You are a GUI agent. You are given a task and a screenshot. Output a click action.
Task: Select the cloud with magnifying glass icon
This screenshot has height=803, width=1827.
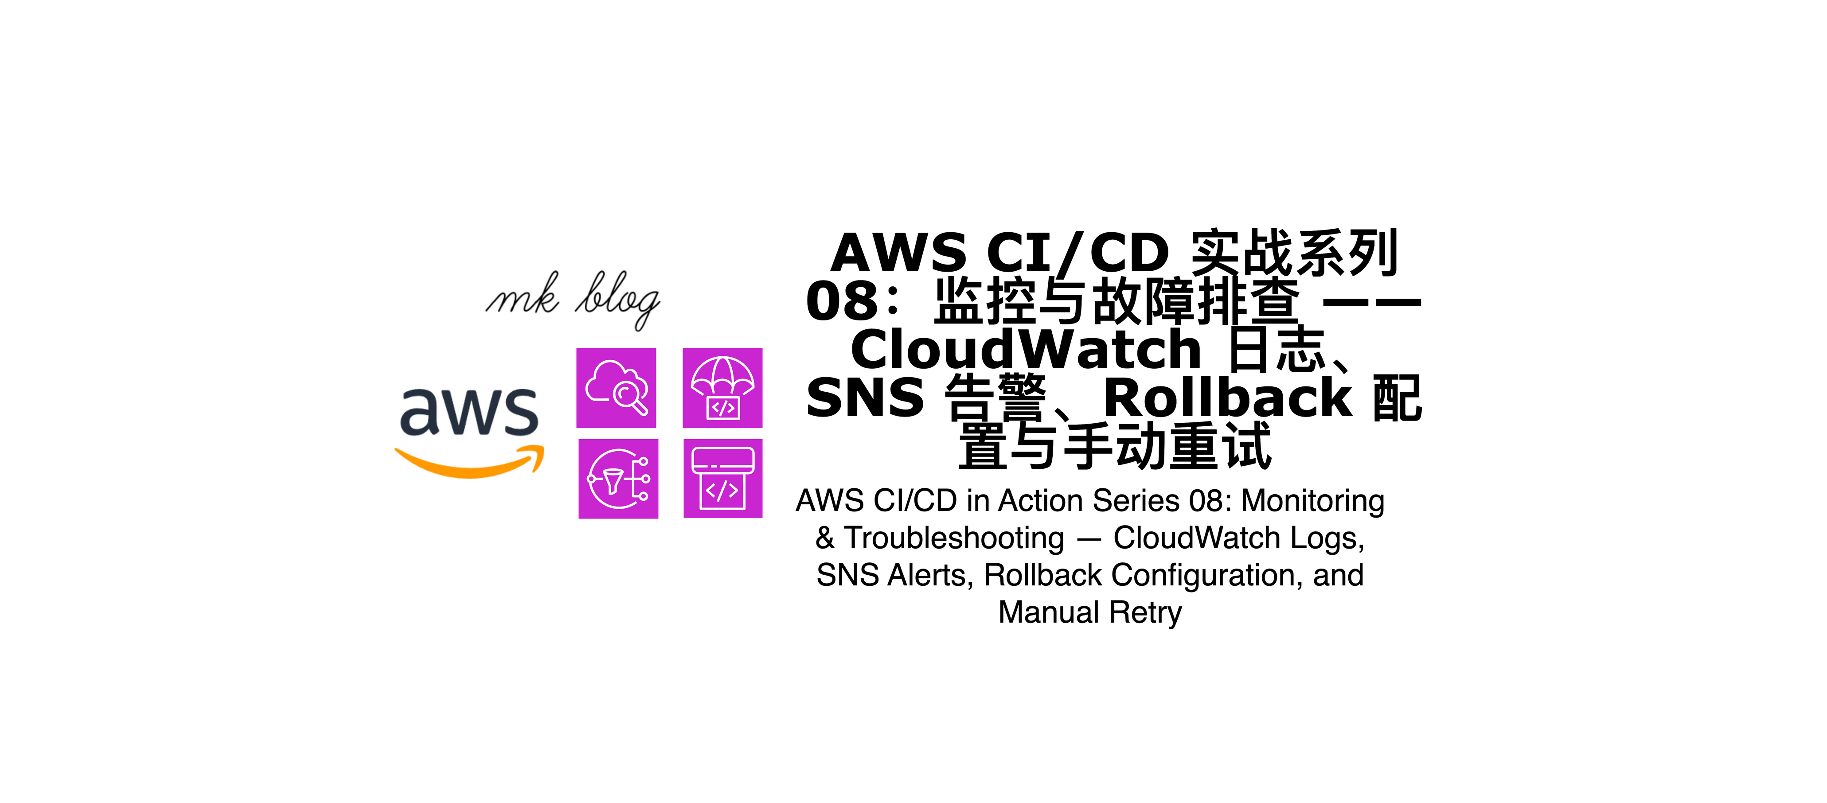(616, 388)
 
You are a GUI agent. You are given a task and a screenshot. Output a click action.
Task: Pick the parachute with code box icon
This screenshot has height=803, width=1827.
(722, 388)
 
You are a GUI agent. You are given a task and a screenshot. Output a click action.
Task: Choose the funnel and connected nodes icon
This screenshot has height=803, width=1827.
(618, 479)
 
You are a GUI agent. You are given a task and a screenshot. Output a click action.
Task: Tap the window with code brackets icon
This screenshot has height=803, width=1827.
(723, 479)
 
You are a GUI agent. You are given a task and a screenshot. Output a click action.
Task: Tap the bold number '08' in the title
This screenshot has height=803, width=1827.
(843, 301)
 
